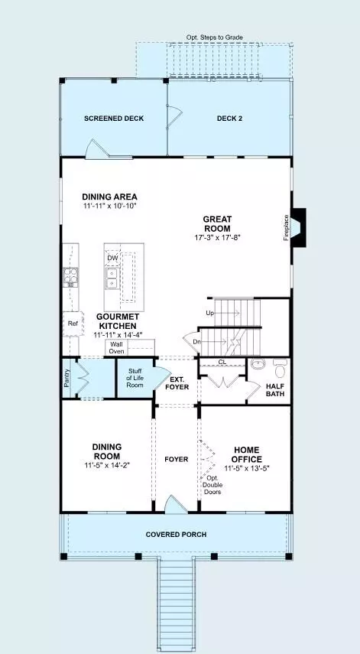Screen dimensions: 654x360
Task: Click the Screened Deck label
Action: click(x=114, y=119)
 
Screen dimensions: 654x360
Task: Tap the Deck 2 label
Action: click(x=229, y=119)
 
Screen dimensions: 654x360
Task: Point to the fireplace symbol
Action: click(x=299, y=228)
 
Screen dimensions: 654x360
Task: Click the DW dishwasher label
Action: click(x=112, y=258)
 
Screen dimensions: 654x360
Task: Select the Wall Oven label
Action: click(x=116, y=347)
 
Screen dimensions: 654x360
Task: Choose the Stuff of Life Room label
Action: click(x=135, y=378)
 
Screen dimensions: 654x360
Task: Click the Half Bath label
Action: click(x=274, y=391)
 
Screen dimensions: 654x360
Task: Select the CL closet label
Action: click(x=222, y=363)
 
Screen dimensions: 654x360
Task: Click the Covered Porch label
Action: click(x=177, y=534)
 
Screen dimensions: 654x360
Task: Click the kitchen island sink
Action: click(x=112, y=278)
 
